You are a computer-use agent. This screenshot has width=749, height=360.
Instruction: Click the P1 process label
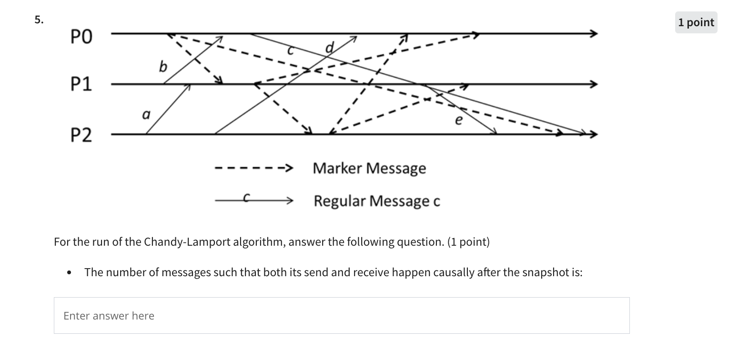[81, 85]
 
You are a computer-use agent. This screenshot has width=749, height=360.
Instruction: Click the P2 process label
[81, 136]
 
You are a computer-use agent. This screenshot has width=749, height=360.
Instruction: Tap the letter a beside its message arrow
[146, 115]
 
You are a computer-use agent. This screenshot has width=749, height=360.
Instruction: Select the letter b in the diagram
[163, 67]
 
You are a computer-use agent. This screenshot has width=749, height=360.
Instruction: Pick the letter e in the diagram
[458, 120]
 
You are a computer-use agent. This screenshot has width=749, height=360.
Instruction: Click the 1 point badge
[696, 22]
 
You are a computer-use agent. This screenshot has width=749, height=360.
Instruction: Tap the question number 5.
[39, 20]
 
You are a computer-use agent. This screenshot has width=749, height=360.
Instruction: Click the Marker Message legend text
[369, 168]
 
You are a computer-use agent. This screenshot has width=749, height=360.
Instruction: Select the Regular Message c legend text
[376, 201]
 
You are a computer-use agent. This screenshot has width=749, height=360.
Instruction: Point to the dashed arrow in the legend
[253, 168]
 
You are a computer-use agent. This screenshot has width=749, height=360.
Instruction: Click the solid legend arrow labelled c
[253, 200]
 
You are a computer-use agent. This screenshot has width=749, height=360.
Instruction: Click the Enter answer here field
[341, 316]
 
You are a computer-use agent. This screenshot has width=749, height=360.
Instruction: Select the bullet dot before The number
[70, 273]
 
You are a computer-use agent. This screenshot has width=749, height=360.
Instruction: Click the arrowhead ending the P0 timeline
[593, 34]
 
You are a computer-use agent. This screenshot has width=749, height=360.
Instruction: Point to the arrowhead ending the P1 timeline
[593, 85]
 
